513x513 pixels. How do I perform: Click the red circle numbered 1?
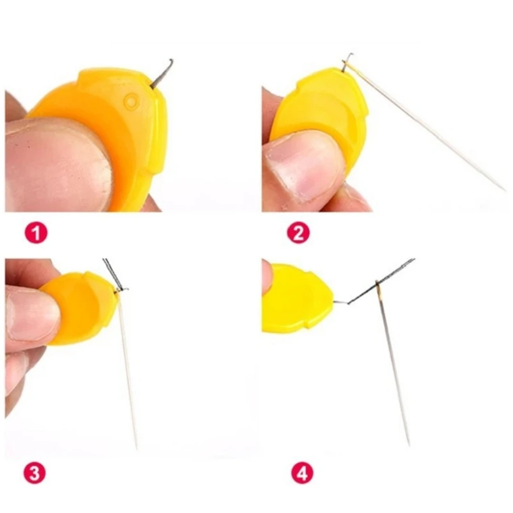(x=36, y=232)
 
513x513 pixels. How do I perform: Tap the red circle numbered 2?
(x=298, y=232)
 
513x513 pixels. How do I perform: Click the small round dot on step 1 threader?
(x=130, y=101)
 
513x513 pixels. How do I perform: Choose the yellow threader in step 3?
(x=80, y=308)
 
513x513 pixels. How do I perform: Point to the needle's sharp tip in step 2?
(x=504, y=190)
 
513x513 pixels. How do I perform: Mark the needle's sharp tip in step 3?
(x=136, y=448)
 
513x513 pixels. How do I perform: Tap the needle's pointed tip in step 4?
(x=408, y=444)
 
